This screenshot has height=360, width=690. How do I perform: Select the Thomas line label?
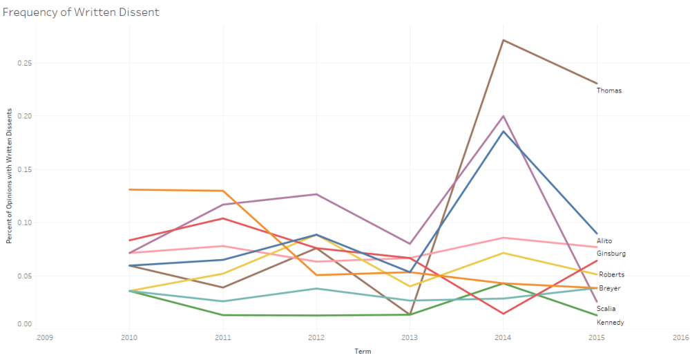tap(609, 91)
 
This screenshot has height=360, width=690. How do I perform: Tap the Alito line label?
tap(605, 241)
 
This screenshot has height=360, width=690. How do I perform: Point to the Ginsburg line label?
tap(611, 254)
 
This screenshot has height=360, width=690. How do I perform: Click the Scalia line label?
tap(607, 309)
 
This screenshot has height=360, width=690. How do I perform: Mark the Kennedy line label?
tap(611, 323)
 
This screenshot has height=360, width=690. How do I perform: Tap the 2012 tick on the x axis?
tap(316, 339)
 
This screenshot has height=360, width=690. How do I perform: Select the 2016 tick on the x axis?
tap(680, 339)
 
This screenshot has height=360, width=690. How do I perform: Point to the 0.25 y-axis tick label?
tap(26, 63)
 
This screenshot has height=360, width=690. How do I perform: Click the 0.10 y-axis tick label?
tap(26, 222)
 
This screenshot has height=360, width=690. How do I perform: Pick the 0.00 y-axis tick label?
tap(26, 324)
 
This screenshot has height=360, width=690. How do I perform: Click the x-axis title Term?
tap(363, 351)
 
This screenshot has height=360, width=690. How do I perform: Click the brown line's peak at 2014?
tap(503, 40)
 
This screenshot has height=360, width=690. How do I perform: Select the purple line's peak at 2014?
tap(503, 116)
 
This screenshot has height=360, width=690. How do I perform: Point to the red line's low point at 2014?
tap(503, 314)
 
